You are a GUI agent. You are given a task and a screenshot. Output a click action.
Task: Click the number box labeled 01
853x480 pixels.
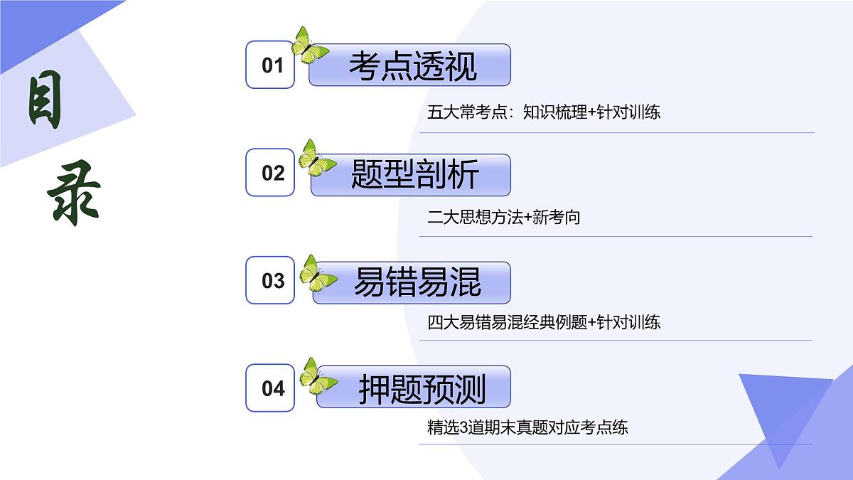[270, 65]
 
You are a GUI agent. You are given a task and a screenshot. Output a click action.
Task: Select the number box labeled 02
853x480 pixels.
[270, 173]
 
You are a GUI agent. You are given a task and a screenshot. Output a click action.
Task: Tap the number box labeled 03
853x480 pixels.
[270, 280]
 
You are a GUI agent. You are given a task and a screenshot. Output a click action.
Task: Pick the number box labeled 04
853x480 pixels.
[270, 388]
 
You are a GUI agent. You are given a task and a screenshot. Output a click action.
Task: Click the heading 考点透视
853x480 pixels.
[412, 65]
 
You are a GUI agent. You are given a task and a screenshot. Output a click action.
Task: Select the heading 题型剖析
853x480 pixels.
[414, 174]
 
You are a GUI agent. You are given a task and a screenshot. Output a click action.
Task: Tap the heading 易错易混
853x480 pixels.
[417, 282]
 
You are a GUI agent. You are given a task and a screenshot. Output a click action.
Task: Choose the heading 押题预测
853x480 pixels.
[421, 389]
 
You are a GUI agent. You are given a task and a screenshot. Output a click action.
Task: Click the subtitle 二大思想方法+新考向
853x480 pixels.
[504, 218]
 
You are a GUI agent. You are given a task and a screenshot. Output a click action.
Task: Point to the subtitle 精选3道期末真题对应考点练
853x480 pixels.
[527, 428]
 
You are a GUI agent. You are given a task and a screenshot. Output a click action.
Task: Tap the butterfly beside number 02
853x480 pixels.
[316, 158]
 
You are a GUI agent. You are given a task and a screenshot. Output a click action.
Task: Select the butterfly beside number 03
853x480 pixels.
[317, 273]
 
